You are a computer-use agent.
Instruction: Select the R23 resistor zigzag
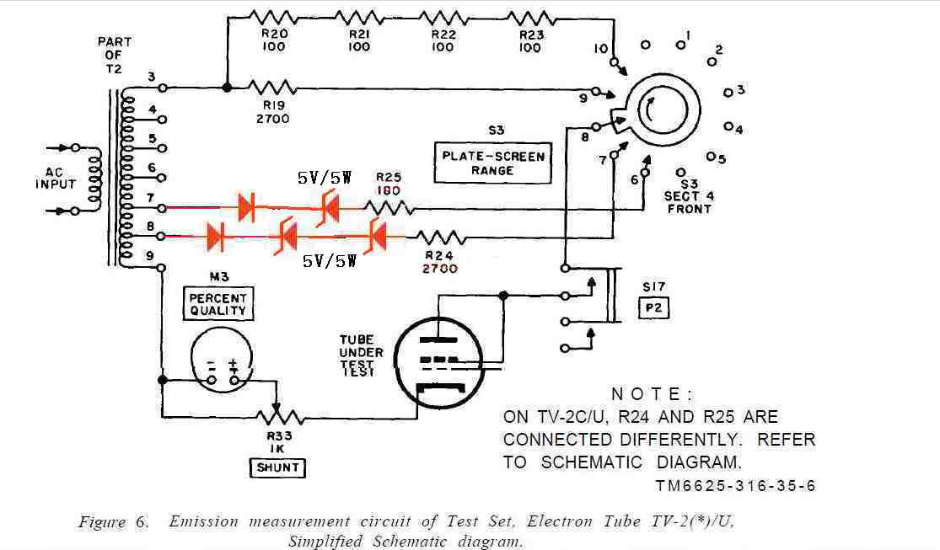pyautogui.click(x=529, y=17)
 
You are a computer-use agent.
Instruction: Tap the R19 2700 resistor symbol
pyautogui.click(x=272, y=87)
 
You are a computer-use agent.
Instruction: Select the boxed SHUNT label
pyautogui.click(x=277, y=467)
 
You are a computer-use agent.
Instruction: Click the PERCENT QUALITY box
pyautogui.click(x=218, y=304)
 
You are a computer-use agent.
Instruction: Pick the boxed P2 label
pyautogui.click(x=654, y=308)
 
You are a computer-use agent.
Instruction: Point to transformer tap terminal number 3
pyautogui.click(x=163, y=87)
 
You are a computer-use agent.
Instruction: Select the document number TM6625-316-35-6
pyautogui.click(x=734, y=486)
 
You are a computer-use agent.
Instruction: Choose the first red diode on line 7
pyautogui.click(x=246, y=206)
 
